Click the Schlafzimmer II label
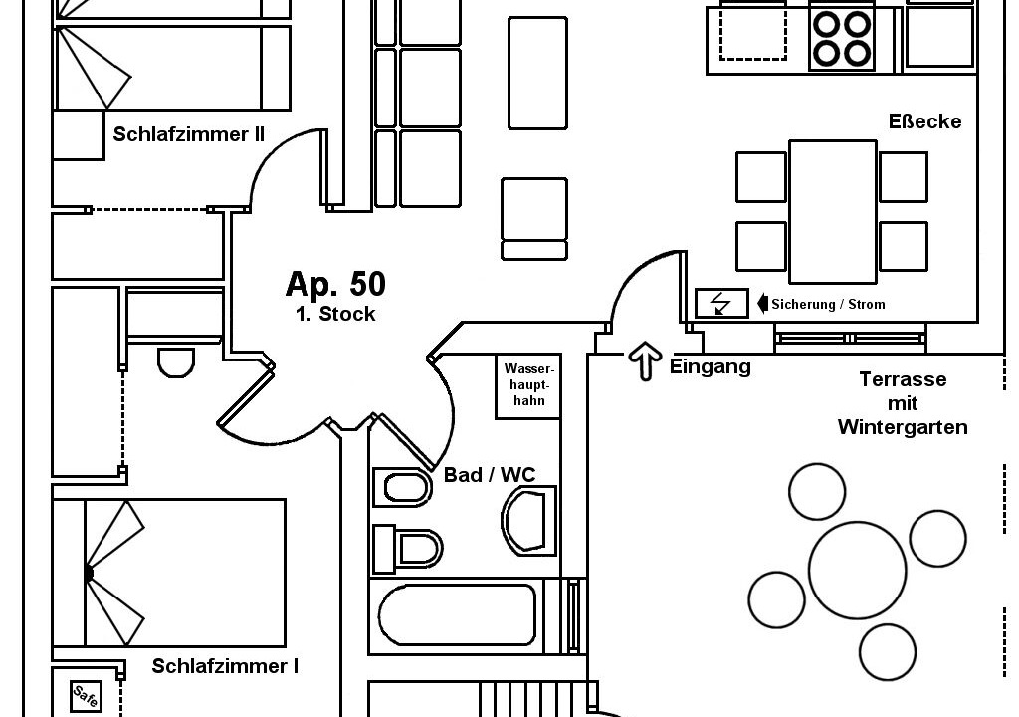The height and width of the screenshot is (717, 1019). pos(188,134)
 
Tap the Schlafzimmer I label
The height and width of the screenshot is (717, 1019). pos(225,666)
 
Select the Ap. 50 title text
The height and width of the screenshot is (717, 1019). pos(335,284)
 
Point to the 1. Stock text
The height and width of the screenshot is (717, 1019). pos(335,314)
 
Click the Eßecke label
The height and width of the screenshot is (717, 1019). pos(924,121)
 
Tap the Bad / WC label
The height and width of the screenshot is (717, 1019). pos(490,475)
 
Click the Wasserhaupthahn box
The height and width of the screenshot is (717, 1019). pos(528,386)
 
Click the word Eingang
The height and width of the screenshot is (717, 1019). pos(711,366)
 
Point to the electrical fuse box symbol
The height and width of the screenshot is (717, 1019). pos(721,303)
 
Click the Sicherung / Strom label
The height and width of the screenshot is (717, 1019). pos(828,304)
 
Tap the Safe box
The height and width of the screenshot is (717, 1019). pos(86,696)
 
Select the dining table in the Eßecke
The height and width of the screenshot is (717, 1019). pos(833,212)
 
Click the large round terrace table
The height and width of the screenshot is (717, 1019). pos(857,570)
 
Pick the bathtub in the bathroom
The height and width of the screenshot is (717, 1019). pos(458,614)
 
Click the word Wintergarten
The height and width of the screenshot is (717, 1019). pos(903,427)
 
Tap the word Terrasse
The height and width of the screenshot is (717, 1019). pos(903,380)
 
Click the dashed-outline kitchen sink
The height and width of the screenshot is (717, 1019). pos(753,33)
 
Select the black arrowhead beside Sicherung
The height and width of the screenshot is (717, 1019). pos(763,304)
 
